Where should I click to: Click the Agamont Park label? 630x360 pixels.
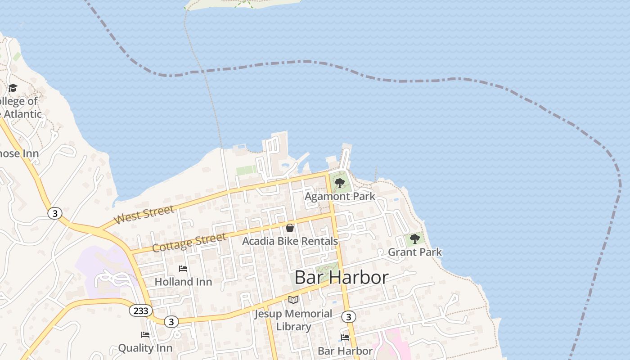pos(340,197)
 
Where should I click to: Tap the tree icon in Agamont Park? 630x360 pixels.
pos(340,183)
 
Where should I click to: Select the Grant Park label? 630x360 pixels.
pos(415,252)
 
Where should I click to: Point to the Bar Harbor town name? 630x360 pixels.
pos(341,277)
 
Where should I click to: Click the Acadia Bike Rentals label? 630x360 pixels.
pos(290,241)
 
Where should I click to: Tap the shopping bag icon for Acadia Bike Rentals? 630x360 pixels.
pos(290,228)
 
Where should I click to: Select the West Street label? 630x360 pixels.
pos(144,215)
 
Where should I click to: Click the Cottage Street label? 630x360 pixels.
pos(189,243)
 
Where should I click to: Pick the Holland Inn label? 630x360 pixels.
pos(183,282)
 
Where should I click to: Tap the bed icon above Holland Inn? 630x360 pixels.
pos(183,269)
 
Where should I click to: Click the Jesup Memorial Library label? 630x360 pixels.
pos(293,320)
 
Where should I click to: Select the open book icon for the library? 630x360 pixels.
pos(293,300)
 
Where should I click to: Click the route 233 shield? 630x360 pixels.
pos(141,310)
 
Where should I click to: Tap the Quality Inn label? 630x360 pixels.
pos(145,348)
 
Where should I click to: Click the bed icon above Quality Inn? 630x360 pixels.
pos(145,335)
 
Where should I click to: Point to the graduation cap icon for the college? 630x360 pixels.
pos(13,88)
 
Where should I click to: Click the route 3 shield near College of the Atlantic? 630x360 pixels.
pos(55,213)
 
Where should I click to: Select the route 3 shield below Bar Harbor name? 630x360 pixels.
pos(348,317)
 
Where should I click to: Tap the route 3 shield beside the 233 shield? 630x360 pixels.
pos(171,321)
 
